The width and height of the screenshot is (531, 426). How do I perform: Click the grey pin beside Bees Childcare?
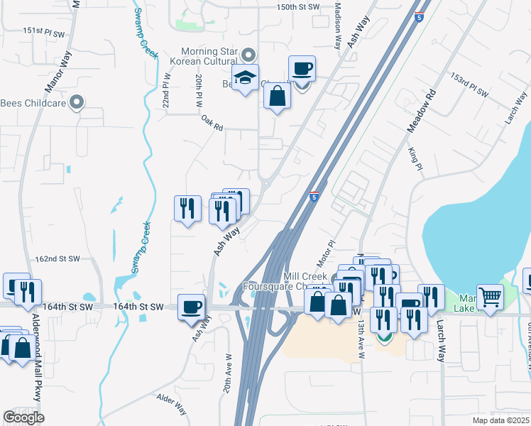pyautogui.click(x=80, y=103)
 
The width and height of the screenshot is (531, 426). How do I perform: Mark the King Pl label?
pyautogui.click(x=415, y=158)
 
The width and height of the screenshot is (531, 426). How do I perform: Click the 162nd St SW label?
pyautogui.click(x=58, y=260)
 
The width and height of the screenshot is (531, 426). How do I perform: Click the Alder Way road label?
pyautogui.click(x=171, y=410)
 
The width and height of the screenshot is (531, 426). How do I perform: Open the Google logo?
pyautogui.click(x=23, y=417)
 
